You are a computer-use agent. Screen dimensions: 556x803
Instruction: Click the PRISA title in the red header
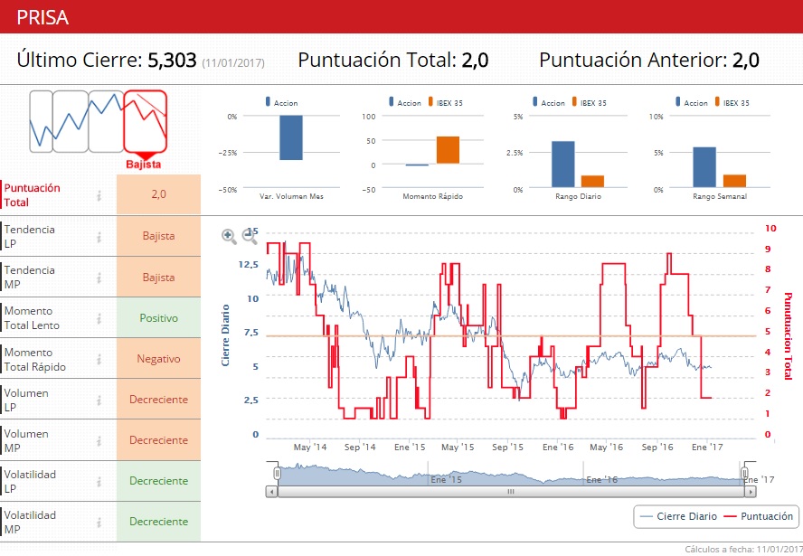[42, 17]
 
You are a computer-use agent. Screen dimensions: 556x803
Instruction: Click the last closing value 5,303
[172, 61]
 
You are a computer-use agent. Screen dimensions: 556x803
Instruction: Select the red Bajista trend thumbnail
[145, 121]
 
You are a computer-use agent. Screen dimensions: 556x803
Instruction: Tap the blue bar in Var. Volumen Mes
[291, 137]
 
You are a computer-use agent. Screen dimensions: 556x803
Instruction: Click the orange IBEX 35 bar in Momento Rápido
[448, 150]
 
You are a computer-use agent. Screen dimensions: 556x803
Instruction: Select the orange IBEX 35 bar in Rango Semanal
[735, 181]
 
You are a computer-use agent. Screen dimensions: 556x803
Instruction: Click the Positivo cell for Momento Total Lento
[158, 318]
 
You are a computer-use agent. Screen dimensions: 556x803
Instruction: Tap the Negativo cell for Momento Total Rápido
[158, 359]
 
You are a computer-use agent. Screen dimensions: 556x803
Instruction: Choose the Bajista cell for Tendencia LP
[158, 236]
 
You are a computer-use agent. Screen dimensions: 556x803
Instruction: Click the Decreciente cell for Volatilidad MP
[158, 522]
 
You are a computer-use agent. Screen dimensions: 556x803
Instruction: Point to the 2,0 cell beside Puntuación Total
[158, 194]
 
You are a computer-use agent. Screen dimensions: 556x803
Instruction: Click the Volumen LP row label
[27, 400]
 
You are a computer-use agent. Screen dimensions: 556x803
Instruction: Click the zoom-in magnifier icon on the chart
[230, 237]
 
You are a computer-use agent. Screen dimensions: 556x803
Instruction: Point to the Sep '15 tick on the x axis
[508, 448]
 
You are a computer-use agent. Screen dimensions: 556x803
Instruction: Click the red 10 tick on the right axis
[770, 229]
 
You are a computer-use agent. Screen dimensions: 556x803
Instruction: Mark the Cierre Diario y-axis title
[226, 335]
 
